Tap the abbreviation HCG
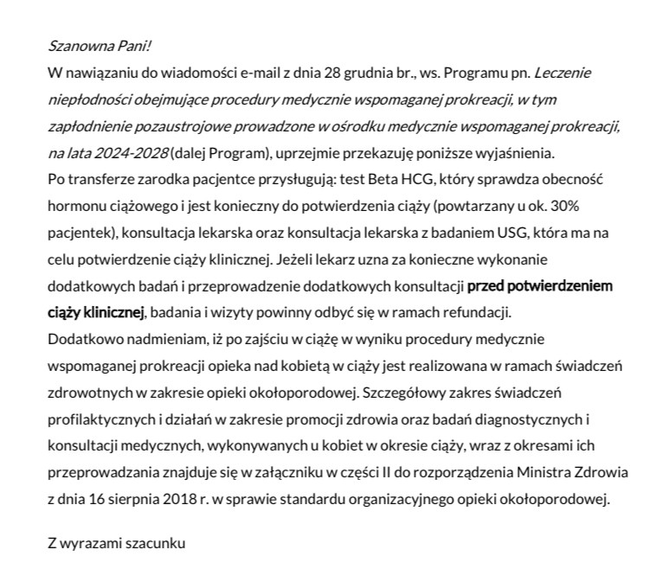(x=385, y=181)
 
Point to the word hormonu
(x=75, y=208)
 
